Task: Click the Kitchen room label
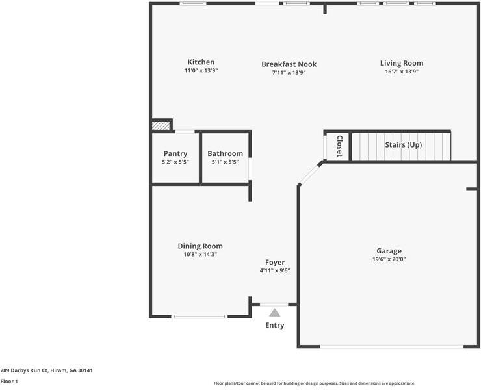pos(201,62)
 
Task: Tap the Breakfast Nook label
pos(289,64)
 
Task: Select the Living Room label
pos(402,63)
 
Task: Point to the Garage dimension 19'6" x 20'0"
pos(389,259)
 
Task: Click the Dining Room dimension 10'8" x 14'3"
pos(200,254)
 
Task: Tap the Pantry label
pos(175,154)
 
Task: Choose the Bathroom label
pos(226,154)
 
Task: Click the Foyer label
pos(275,263)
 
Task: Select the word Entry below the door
pos(275,325)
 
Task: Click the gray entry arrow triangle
pos(275,313)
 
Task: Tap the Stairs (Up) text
pos(403,145)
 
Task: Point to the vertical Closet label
pos(339,146)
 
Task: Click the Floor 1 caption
pos(9,382)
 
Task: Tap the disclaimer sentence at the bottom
pos(315,383)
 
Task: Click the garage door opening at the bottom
pos(391,346)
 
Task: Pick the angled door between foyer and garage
pos(311,174)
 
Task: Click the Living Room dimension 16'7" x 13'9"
pos(402,72)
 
